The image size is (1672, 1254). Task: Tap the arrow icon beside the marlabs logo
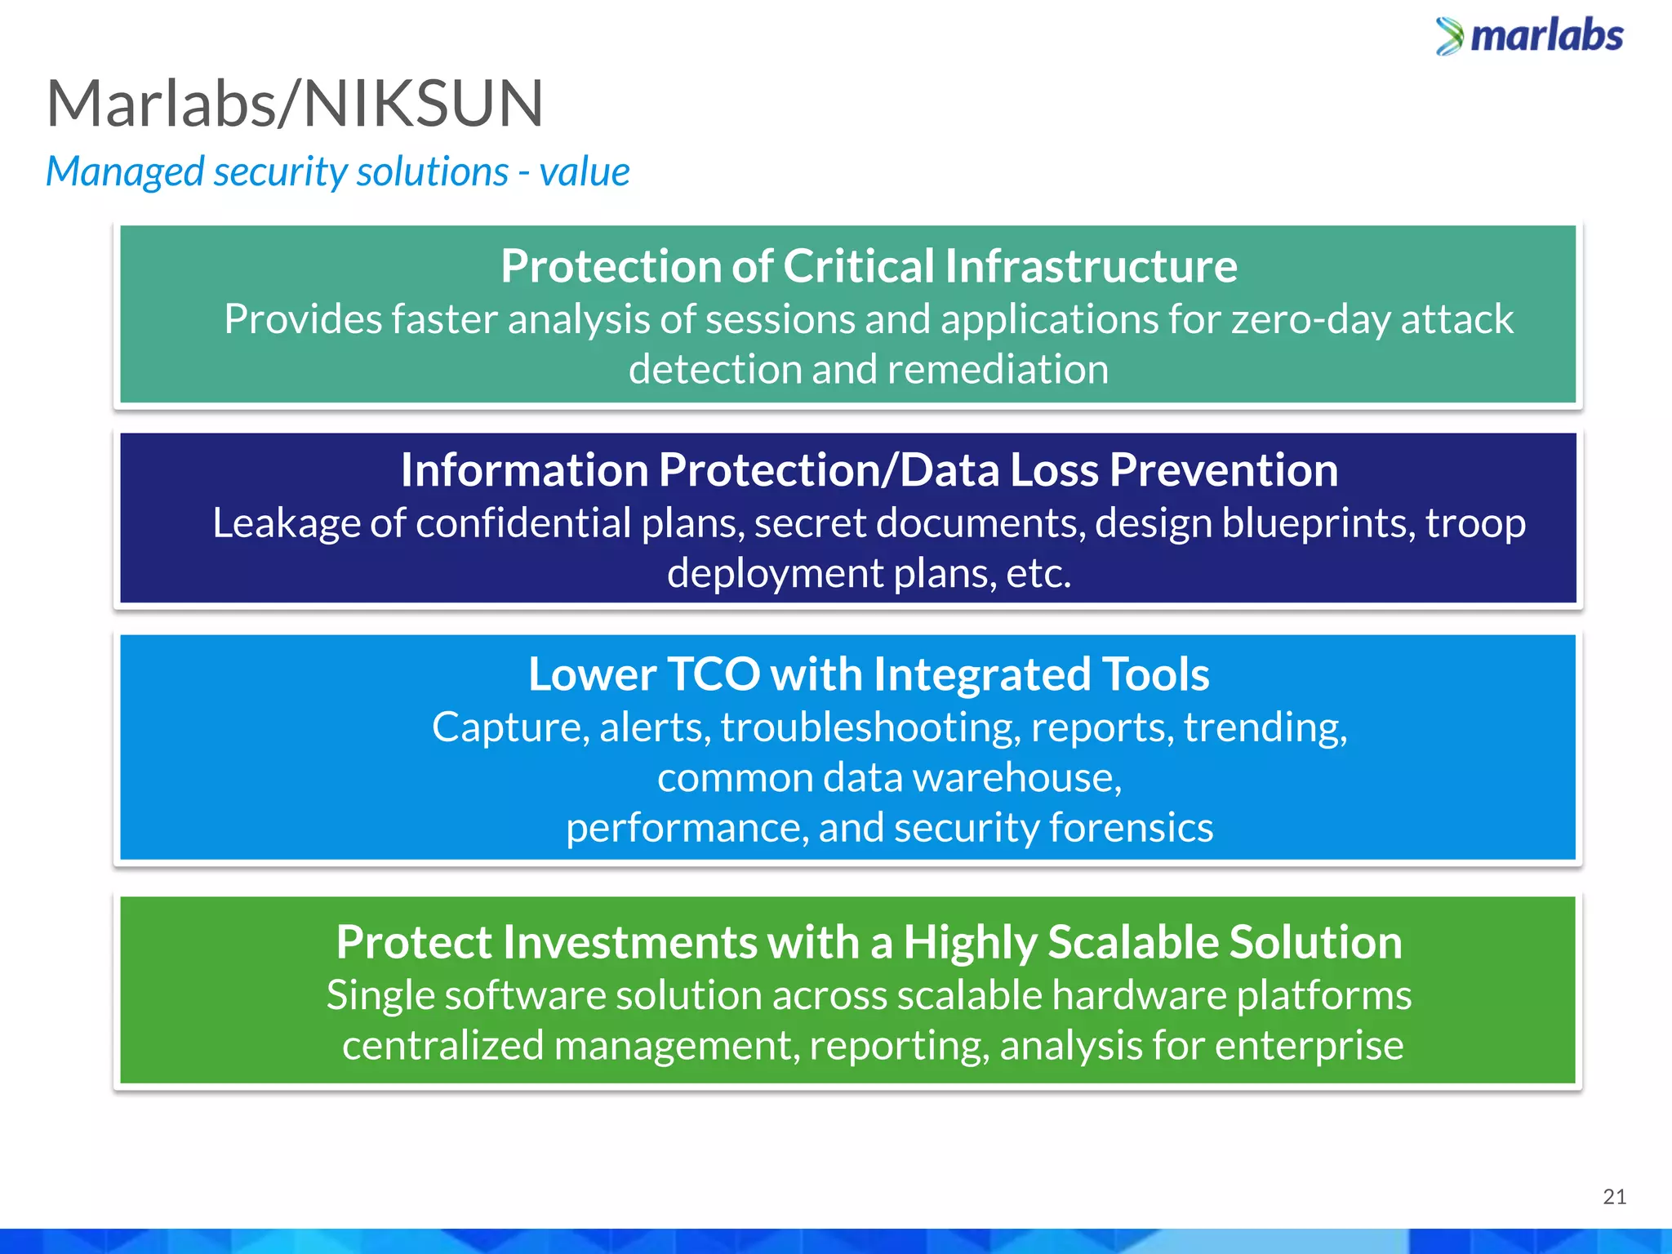1450,37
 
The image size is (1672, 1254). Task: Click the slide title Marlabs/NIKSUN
295,104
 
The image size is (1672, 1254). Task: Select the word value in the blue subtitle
585,172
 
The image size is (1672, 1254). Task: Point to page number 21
1614,1197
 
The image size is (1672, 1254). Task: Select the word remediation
998,370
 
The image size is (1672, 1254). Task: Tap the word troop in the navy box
1475,523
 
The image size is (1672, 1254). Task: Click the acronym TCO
714,675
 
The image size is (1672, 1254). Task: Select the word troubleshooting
870,727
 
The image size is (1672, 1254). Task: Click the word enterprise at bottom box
1309,1046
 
